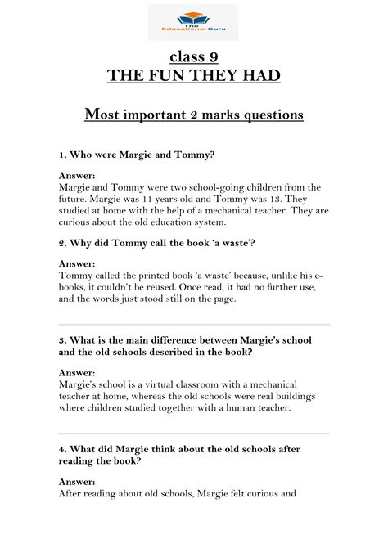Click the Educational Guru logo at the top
click(193, 22)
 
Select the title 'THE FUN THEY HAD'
click(194, 76)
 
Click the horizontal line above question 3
click(194, 325)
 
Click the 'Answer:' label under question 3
click(77, 372)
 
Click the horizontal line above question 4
click(194, 433)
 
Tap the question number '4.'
click(63, 448)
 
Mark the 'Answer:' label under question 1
click(77, 175)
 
